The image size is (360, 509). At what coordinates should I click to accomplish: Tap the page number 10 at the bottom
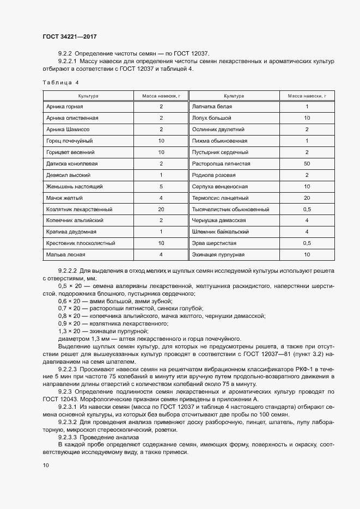coord(46,465)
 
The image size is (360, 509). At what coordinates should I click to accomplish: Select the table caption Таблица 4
coord(60,82)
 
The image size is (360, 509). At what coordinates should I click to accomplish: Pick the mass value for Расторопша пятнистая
coord(307,163)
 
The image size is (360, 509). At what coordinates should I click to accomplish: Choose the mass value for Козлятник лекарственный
coord(161,209)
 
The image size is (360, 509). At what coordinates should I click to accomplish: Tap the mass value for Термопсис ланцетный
coord(307,198)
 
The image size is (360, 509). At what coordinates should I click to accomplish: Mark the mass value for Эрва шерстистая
coord(307,243)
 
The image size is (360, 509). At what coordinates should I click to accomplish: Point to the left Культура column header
coord(88,96)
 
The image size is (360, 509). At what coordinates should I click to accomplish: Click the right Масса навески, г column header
coord(307,96)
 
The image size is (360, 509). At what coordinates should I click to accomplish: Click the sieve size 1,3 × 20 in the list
coord(69,331)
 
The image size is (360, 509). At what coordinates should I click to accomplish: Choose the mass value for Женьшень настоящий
coord(161,186)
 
